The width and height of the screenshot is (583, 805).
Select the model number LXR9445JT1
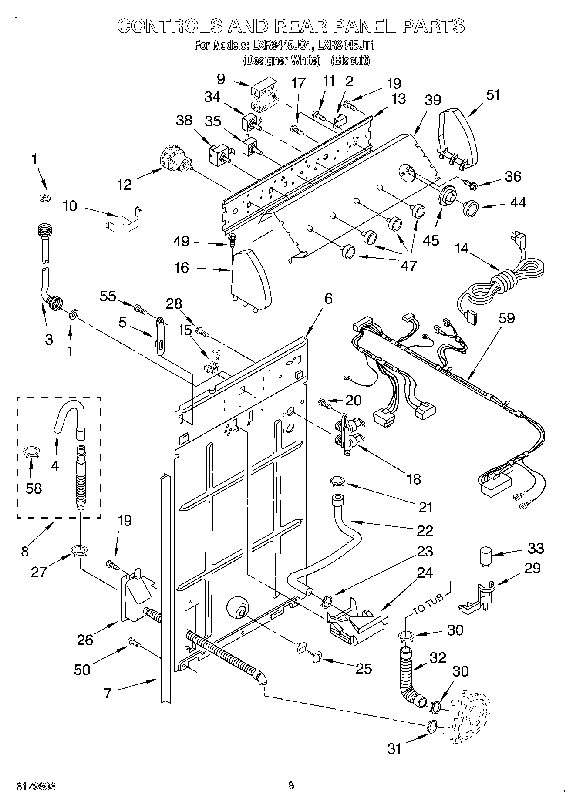point(346,45)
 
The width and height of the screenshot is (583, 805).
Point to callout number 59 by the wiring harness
point(507,318)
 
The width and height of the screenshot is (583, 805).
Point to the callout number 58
point(34,488)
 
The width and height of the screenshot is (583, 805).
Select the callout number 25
point(364,668)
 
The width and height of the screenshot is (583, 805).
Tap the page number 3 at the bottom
point(291,785)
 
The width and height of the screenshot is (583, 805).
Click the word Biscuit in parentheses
point(350,60)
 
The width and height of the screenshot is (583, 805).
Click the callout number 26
point(85,640)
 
